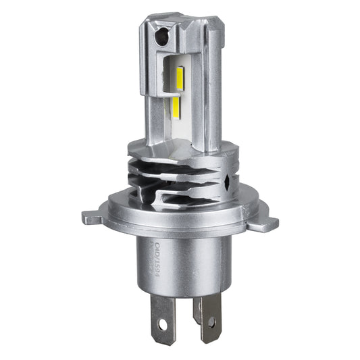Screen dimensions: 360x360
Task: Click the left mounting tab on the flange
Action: (x=93, y=217)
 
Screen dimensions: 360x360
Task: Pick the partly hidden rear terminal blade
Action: (x=197, y=308)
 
